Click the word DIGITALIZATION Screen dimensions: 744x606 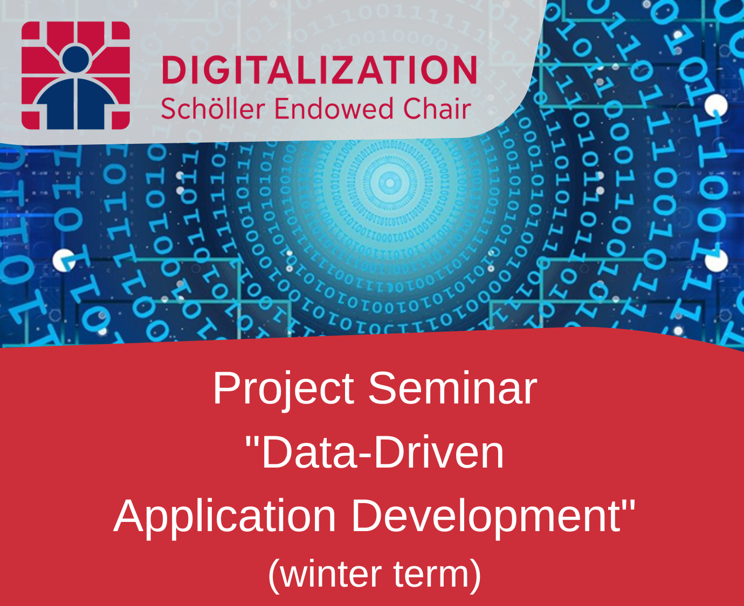point(319,69)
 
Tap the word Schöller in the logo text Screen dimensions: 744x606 point(213,108)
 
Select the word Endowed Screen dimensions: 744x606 point(333,108)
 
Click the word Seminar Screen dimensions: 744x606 point(453,388)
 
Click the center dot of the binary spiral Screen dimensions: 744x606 point(390,183)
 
